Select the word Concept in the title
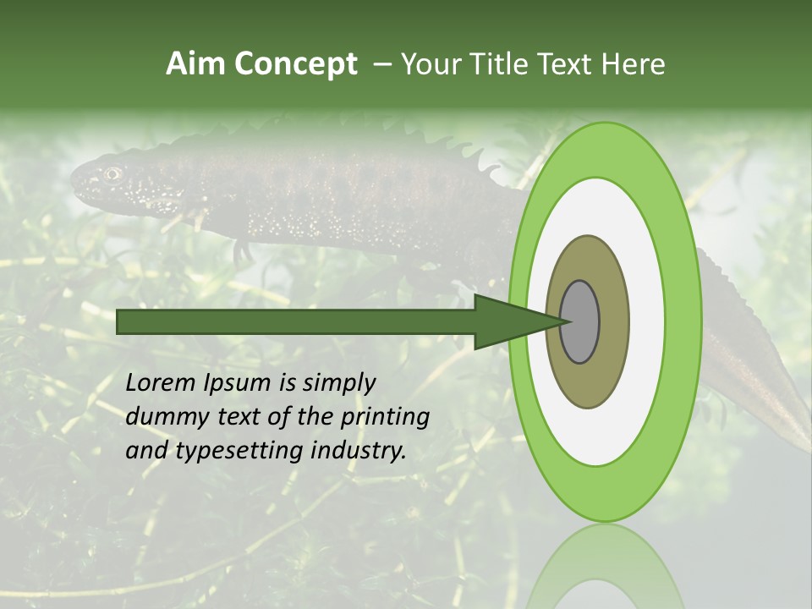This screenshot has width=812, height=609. [x=296, y=64]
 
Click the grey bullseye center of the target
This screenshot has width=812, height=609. [x=580, y=322]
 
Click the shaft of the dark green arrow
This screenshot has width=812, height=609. [x=296, y=322]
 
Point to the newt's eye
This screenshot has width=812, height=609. [x=112, y=173]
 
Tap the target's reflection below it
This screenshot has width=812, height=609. [x=605, y=567]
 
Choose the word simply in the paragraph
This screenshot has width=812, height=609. [x=338, y=383]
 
